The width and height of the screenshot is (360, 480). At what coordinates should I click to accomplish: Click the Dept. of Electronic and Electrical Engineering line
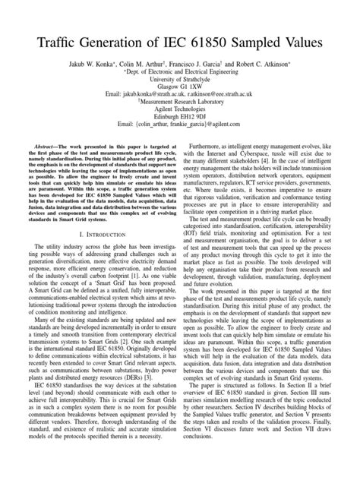coord(180,77)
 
